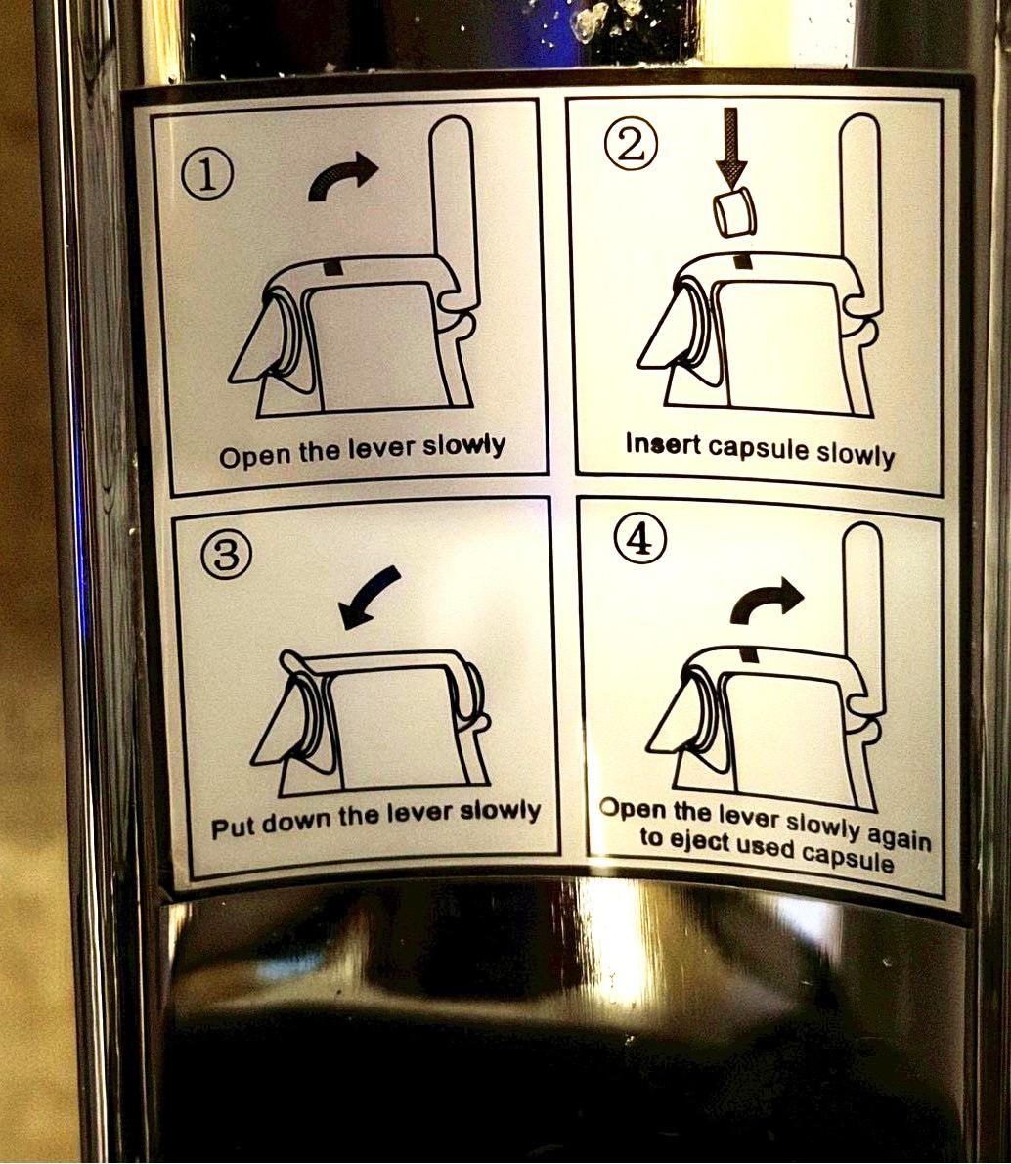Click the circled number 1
(x=207, y=176)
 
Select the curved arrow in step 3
(x=369, y=596)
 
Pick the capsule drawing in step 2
(x=735, y=212)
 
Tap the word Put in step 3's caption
(x=230, y=828)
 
